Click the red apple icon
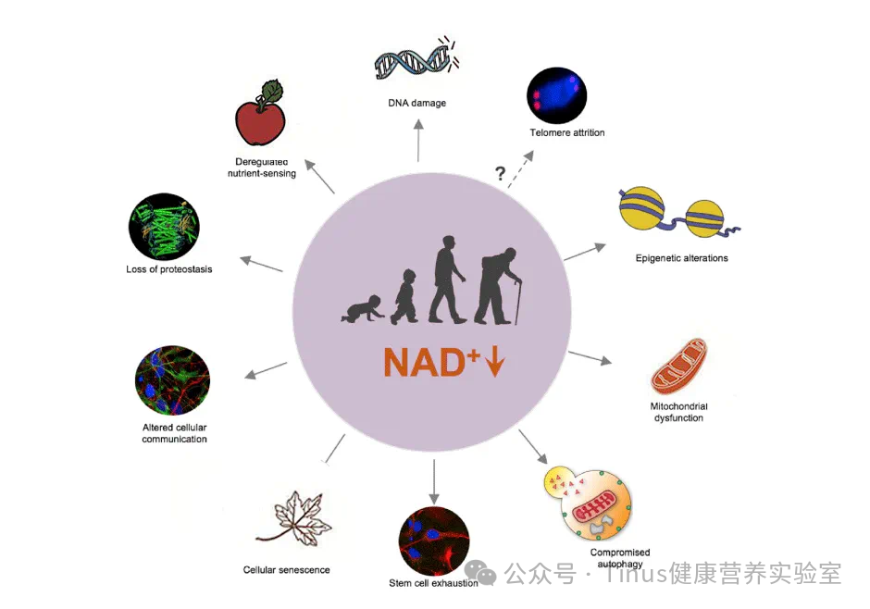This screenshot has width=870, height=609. pos(261,118)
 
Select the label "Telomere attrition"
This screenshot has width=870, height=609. pos(566,132)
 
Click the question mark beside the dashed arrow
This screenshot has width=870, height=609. pos(500,173)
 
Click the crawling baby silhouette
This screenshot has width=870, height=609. pos(362,309)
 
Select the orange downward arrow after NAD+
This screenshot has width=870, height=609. pos(494,361)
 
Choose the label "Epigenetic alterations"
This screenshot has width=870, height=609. pos(681,258)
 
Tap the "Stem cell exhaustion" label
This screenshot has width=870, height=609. pos(433,583)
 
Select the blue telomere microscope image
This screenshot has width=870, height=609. pos(557,94)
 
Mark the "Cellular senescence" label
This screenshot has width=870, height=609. pos(286,570)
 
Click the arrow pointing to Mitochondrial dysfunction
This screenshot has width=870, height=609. pos(589,358)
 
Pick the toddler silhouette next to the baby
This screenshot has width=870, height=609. pos(404,296)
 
